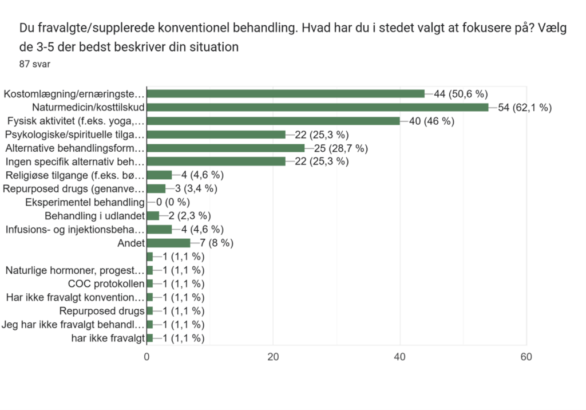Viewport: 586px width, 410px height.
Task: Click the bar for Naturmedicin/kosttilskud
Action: (x=318, y=107)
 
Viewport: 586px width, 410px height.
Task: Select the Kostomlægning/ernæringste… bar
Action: (x=286, y=93)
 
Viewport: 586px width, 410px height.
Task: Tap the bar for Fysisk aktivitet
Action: (x=274, y=121)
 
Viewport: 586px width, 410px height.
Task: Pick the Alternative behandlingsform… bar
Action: (x=226, y=148)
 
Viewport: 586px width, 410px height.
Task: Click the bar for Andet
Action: (x=169, y=243)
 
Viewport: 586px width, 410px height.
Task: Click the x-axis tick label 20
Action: (x=274, y=357)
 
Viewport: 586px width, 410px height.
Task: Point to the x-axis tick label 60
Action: (x=526, y=357)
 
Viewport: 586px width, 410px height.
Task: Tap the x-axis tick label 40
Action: (x=400, y=357)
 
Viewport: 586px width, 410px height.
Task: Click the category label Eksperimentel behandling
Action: (x=85, y=202)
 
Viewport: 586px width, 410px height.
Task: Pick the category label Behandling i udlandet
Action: (x=94, y=216)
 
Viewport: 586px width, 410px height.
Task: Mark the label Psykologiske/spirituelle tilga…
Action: (x=74, y=135)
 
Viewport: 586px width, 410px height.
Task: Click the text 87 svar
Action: (x=35, y=64)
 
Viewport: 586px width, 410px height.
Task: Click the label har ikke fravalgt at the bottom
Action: (x=107, y=338)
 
